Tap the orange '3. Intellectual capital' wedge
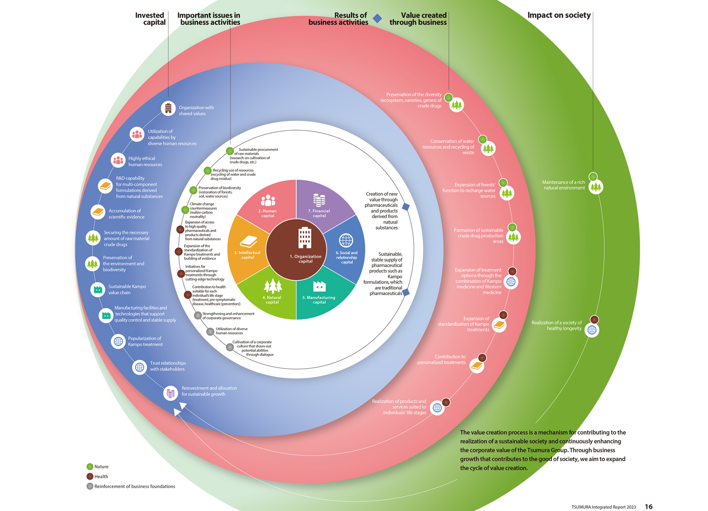pos(247,250)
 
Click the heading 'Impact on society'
pos(559,15)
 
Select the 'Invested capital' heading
pos(150,19)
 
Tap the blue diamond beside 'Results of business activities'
pos(377,18)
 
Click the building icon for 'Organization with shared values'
pos(168,108)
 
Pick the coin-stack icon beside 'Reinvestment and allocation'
pos(170,393)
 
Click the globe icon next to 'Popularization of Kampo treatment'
pos(118,341)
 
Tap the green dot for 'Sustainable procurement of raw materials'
pos(230,151)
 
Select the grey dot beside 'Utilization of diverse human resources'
pos(210,332)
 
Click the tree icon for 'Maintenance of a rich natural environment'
pos(596,187)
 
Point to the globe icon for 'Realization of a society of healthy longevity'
pos(592,330)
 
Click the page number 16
pos(649,507)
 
